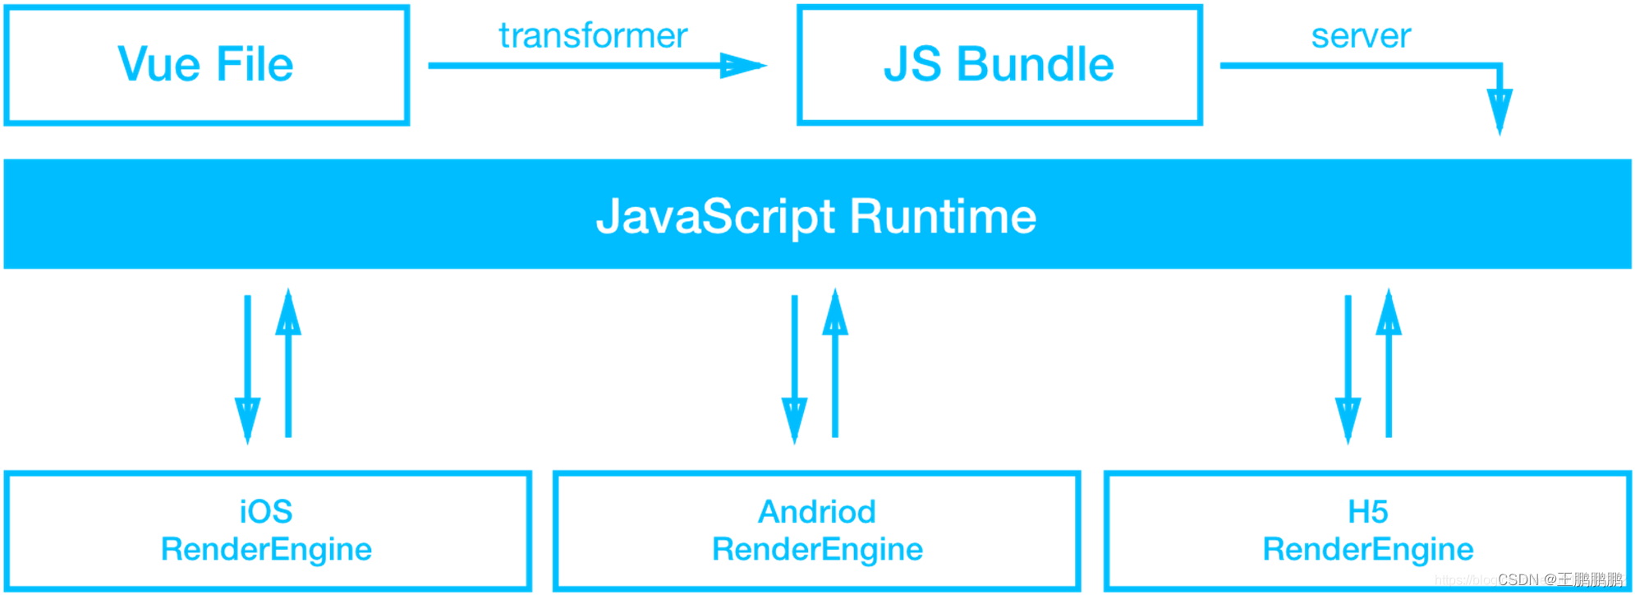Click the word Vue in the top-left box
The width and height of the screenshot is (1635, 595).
click(158, 64)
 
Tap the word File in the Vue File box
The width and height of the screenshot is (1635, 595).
click(255, 64)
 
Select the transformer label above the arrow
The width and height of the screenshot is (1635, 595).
click(593, 35)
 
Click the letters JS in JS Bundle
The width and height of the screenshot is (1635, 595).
click(912, 64)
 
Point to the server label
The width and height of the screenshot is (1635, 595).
click(1361, 35)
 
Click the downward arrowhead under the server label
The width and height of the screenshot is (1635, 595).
click(1500, 111)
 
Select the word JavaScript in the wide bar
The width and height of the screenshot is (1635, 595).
click(715, 216)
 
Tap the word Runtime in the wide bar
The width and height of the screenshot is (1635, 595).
click(943, 216)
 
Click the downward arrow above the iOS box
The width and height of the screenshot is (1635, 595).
click(248, 370)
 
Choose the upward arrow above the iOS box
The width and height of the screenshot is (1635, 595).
click(288, 362)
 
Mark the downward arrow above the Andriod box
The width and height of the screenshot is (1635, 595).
click(794, 370)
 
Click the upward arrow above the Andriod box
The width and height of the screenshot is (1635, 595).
click(835, 362)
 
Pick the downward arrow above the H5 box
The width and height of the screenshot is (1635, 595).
click(1348, 370)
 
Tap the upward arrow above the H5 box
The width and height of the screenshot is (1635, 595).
click(1389, 362)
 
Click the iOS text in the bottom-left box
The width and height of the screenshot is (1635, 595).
click(265, 511)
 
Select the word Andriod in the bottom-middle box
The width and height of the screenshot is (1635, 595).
click(817, 511)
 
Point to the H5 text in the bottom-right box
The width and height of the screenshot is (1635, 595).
click(1368, 511)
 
